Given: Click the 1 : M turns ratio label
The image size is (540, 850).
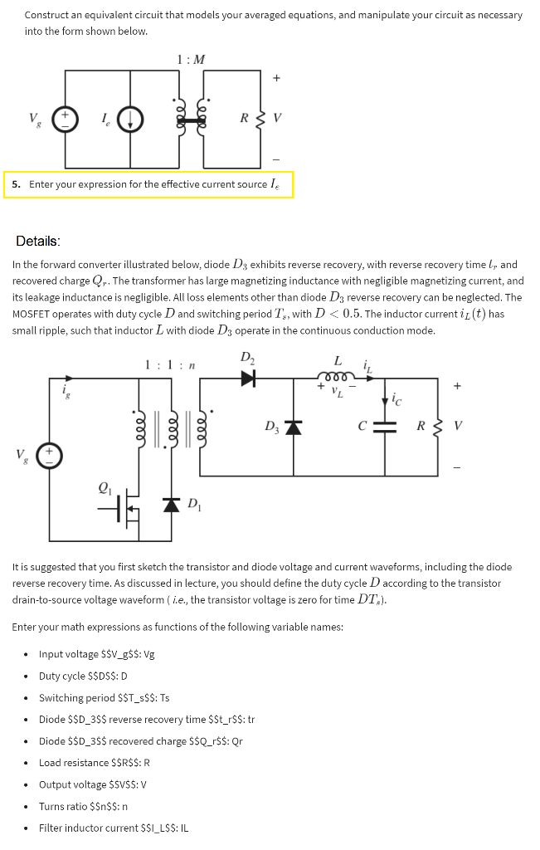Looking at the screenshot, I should [x=191, y=59].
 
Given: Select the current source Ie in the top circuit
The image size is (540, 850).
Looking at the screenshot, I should [x=130, y=120].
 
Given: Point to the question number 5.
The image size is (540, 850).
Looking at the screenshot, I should [x=16, y=184].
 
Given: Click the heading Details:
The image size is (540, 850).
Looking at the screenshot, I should [x=38, y=242].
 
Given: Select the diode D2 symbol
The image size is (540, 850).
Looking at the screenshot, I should [x=248, y=379].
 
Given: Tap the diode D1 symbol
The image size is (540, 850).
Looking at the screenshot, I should [x=171, y=504].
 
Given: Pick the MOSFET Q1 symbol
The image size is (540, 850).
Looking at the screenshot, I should [x=125, y=507].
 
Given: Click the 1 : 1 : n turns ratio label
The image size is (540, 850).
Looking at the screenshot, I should [x=169, y=364].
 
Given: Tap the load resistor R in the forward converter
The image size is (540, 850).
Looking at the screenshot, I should [x=437, y=427].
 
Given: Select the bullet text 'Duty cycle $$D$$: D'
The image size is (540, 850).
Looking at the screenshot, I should [x=83, y=676].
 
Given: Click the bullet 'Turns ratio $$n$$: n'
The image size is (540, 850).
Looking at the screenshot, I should [x=83, y=806].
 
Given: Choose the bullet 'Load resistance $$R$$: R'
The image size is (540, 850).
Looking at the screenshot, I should [x=94, y=763].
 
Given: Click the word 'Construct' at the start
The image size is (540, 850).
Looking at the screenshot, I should [x=46, y=15].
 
